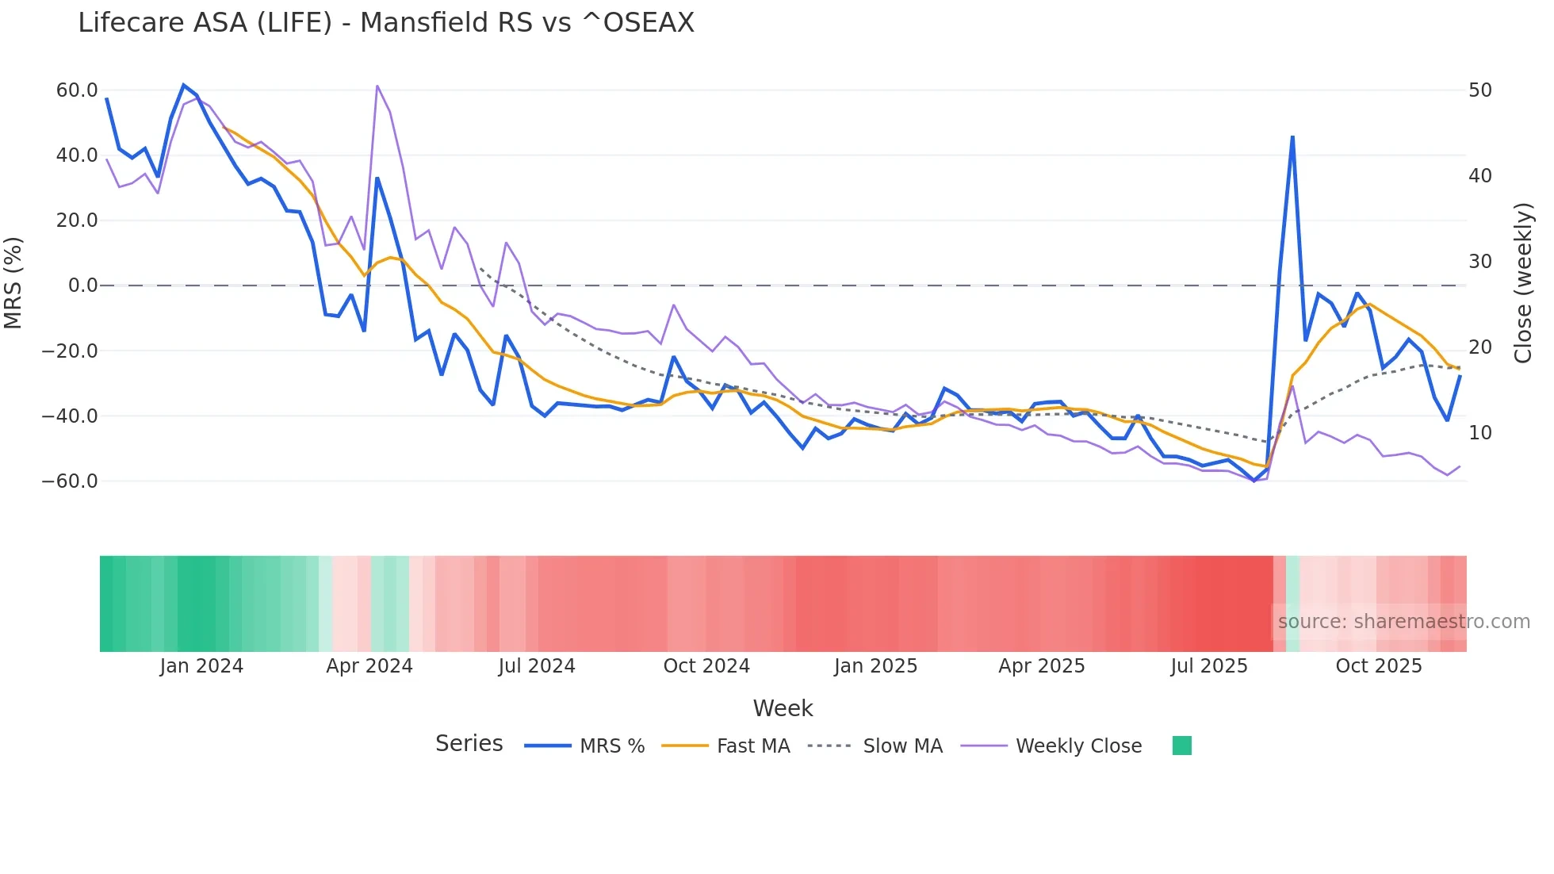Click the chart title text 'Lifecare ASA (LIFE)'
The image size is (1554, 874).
pos(205,23)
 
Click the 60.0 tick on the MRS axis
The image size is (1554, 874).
pos(77,90)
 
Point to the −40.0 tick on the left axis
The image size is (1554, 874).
pos(70,416)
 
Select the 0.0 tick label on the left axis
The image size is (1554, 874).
pos(82,286)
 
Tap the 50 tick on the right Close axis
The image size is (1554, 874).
pos(1480,90)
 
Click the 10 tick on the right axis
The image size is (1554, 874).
pos(1480,433)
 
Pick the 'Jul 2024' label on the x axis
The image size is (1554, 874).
pos(537,666)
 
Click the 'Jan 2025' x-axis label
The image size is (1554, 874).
pos(875,666)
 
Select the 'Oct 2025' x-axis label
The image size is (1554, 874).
pos(1379,666)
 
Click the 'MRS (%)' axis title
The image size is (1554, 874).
pos(13,282)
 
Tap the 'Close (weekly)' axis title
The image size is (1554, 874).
pos(1523,283)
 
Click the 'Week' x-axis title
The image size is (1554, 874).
pos(783,708)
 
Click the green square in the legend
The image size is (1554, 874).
pos(1181,746)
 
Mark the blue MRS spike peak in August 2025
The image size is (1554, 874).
pos(1292,137)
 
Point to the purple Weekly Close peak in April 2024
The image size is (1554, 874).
pos(377,86)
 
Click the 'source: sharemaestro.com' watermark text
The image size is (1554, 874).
pos(1403,622)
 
